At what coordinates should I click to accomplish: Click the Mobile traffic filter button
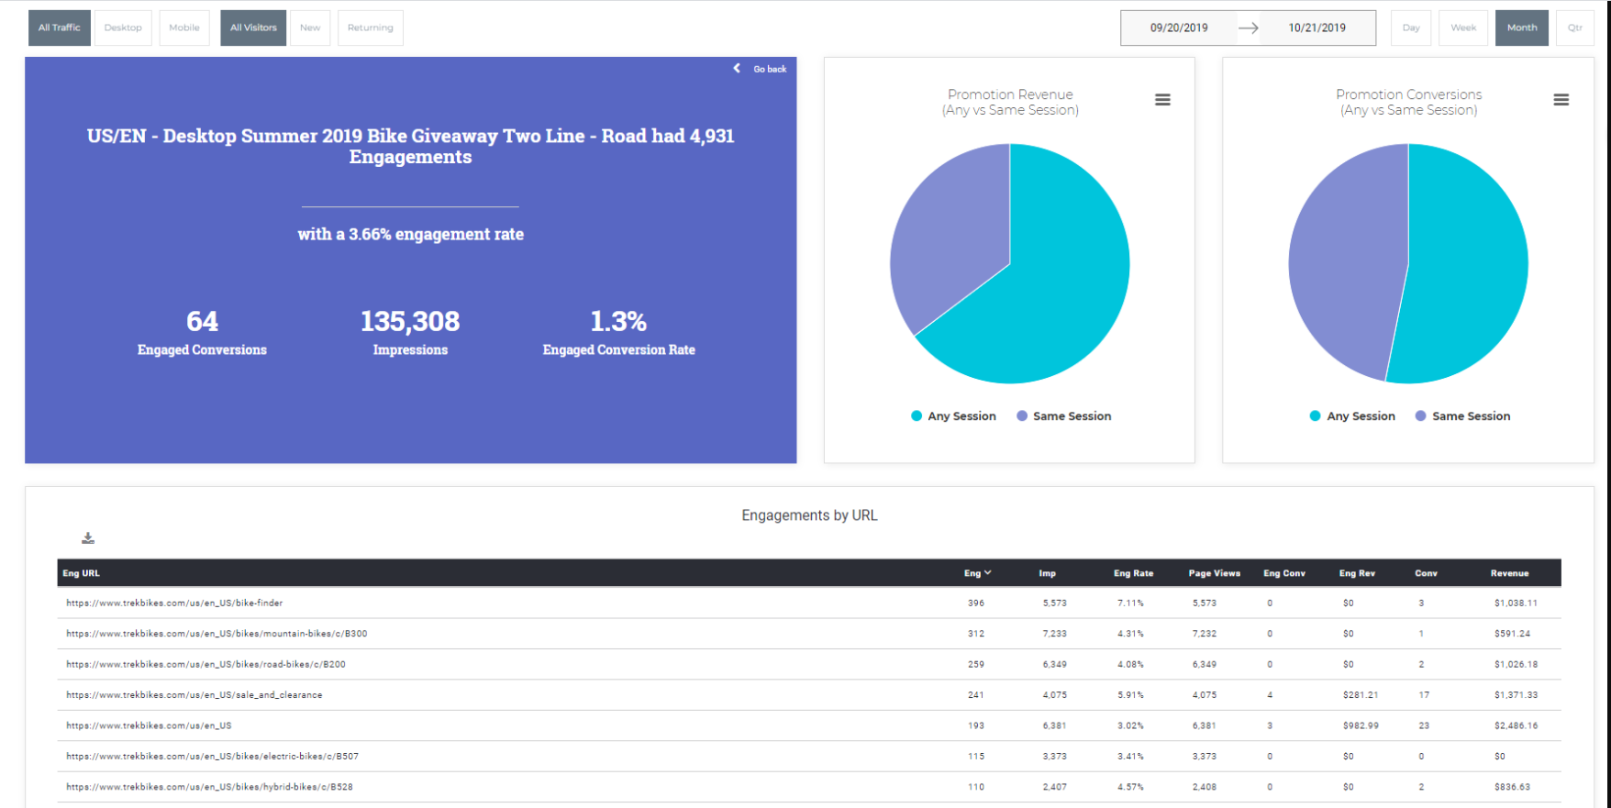tap(183, 28)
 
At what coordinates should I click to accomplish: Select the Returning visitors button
tap(370, 28)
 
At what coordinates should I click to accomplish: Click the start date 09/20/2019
tap(1179, 28)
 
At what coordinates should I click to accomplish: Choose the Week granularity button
tap(1462, 28)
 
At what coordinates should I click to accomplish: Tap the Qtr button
tap(1574, 28)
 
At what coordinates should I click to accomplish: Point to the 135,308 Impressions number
tap(410, 322)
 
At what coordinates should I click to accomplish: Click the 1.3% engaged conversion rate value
tap(618, 322)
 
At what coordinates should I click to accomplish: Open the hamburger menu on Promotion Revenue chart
tap(1162, 100)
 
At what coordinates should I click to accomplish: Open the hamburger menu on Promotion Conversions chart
tap(1561, 100)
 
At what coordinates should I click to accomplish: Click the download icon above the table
tap(88, 538)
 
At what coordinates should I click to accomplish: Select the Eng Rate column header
tap(1133, 573)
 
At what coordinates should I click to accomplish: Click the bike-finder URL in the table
tap(174, 603)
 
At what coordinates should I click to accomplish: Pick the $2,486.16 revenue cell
tap(1516, 725)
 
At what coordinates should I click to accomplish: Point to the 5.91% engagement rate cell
tap(1130, 695)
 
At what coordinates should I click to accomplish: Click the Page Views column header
tap(1214, 573)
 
